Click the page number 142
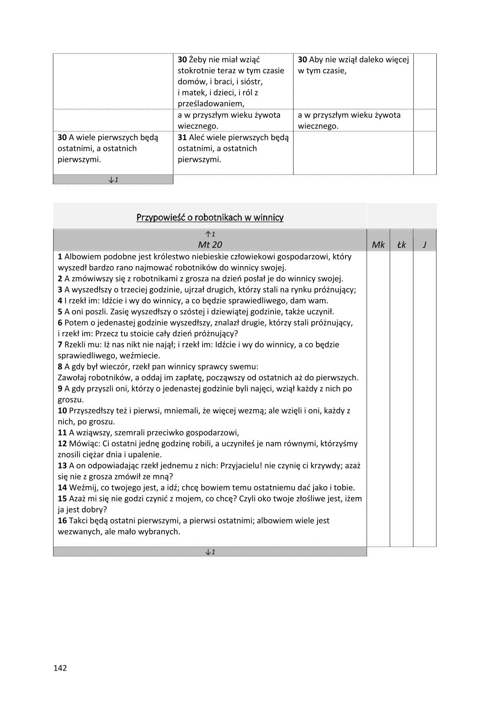tap(60, 668)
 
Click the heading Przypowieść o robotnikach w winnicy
tap(210, 217)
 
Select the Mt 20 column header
tap(210, 244)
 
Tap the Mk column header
tap(378, 244)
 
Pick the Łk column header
tap(402, 244)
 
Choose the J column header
tap(424, 244)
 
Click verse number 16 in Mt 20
tap(62, 520)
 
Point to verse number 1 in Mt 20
tap(60, 257)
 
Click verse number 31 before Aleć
tap(182, 137)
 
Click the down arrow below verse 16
tap(210, 552)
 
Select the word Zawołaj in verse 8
tap(72, 377)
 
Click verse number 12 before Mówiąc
tap(62, 443)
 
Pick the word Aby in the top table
tap(316, 59)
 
